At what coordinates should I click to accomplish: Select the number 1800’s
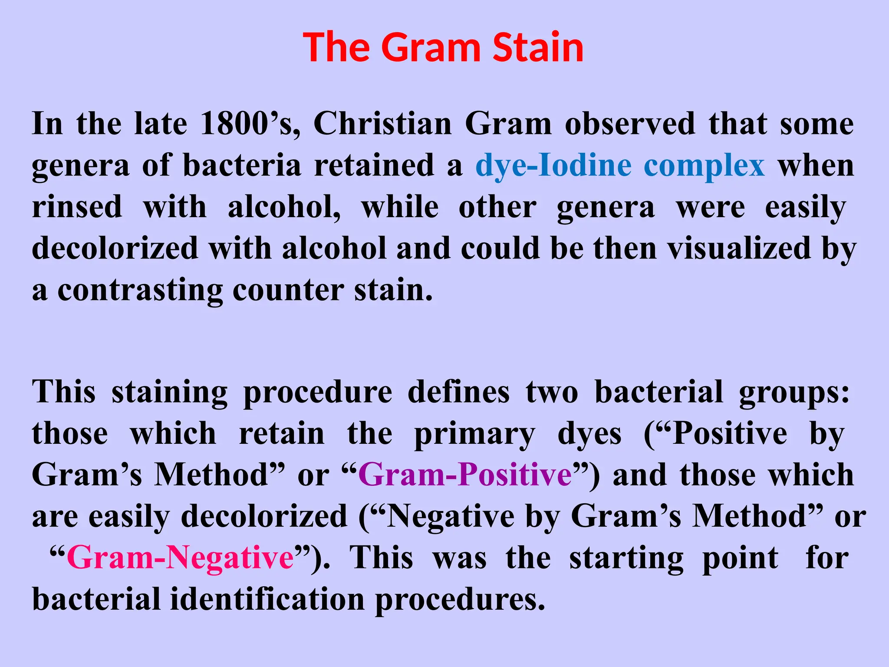[x=250, y=124]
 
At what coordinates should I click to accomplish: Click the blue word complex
[x=704, y=166]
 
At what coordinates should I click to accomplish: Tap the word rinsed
[x=77, y=207]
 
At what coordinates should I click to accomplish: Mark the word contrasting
[x=140, y=290]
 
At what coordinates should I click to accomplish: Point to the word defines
[x=458, y=392]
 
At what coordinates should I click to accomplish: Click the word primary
[x=474, y=434]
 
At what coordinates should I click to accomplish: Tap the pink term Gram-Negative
[x=180, y=558]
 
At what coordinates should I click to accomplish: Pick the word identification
[x=267, y=599]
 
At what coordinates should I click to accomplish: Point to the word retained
[x=374, y=166]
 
